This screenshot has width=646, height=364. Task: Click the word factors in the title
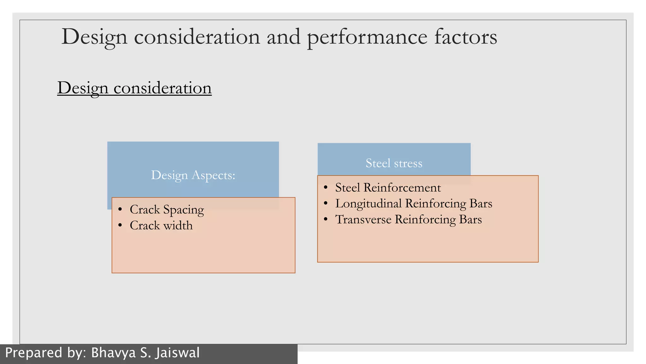point(466,37)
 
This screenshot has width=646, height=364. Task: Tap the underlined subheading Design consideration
point(134,88)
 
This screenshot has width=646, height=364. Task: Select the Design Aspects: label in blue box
point(193,175)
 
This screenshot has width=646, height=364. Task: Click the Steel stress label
point(394,163)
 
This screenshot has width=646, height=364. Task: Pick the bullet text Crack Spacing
point(167,210)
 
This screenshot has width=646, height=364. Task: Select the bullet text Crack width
point(161,226)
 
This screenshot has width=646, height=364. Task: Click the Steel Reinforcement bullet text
point(388,188)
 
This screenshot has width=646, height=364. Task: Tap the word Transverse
point(363,220)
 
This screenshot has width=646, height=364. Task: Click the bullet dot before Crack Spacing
point(120,209)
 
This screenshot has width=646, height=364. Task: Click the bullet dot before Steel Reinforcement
point(326,187)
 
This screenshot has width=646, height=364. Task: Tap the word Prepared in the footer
point(34,353)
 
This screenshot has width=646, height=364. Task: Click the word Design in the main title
point(94,37)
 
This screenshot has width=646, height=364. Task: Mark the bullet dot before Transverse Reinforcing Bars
point(326,219)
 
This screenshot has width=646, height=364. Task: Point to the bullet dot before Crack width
point(120,225)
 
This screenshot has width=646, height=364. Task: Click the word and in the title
point(284,37)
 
